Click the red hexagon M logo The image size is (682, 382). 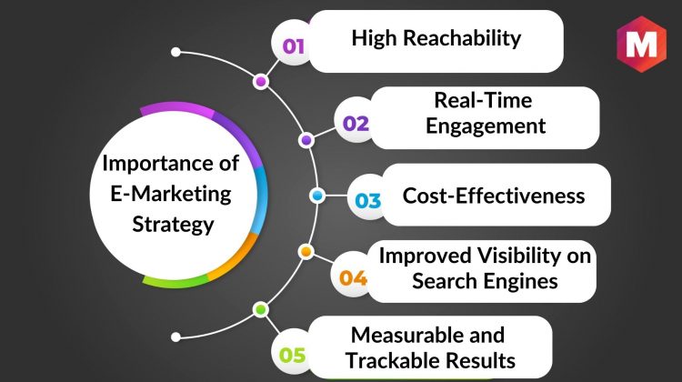(x=641, y=44)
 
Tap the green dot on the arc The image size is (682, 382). (x=261, y=310)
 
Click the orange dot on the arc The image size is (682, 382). (x=306, y=251)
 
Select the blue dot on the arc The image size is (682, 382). (x=317, y=196)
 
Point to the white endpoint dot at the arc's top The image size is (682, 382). (x=176, y=52)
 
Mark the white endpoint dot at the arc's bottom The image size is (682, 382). (x=176, y=337)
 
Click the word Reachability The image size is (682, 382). (x=462, y=38)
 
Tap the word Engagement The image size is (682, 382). (x=486, y=126)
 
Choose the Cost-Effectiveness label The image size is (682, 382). (x=494, y=196)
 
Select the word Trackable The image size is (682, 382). (x=391, y=360)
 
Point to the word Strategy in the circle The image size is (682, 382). (x=173, y=225)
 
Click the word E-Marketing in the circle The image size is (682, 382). (x=171, y=194)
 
